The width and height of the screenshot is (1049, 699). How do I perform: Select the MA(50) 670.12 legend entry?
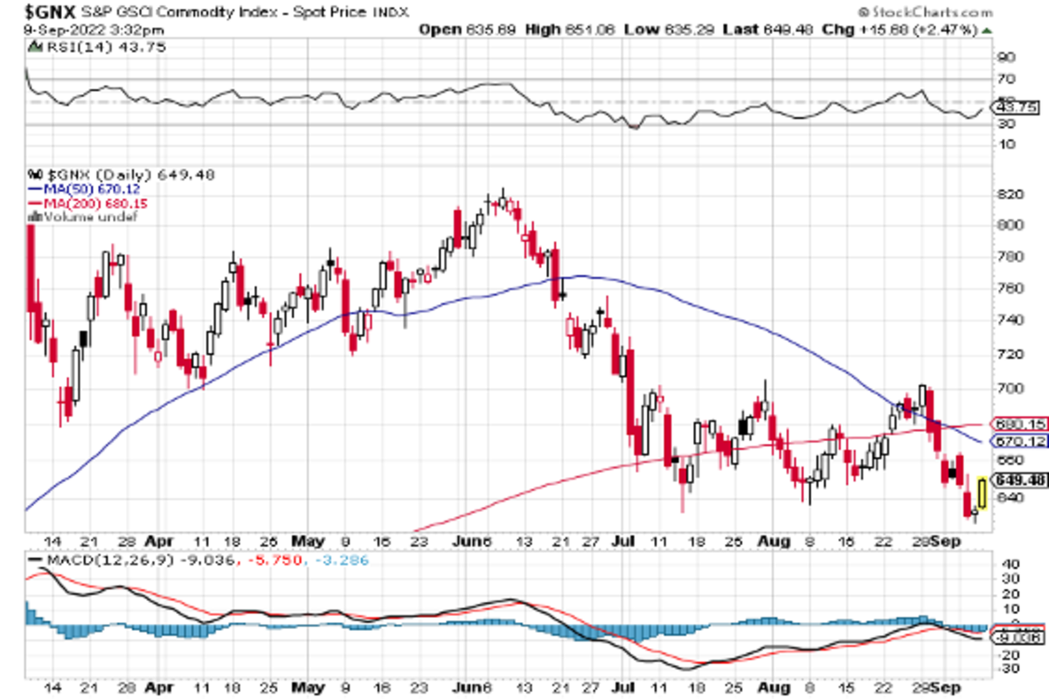click(x=86, y=189)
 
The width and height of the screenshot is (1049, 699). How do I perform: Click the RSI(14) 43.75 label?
click(x=62, y=50)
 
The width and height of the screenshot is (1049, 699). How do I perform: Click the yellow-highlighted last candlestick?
click(x=983, y=493)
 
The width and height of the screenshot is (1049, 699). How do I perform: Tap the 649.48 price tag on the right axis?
click(x=1021, y=481)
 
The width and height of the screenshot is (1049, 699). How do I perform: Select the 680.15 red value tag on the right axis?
click(x=1021, y=426)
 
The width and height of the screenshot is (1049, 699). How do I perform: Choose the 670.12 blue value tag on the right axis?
click(x=1021, y=441)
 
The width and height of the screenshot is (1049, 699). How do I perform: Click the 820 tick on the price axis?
click(x=1010, y=194)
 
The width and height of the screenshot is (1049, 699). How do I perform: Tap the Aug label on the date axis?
click(x=775, y=541)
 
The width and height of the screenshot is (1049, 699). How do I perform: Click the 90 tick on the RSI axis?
click(x=1006, y=58)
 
